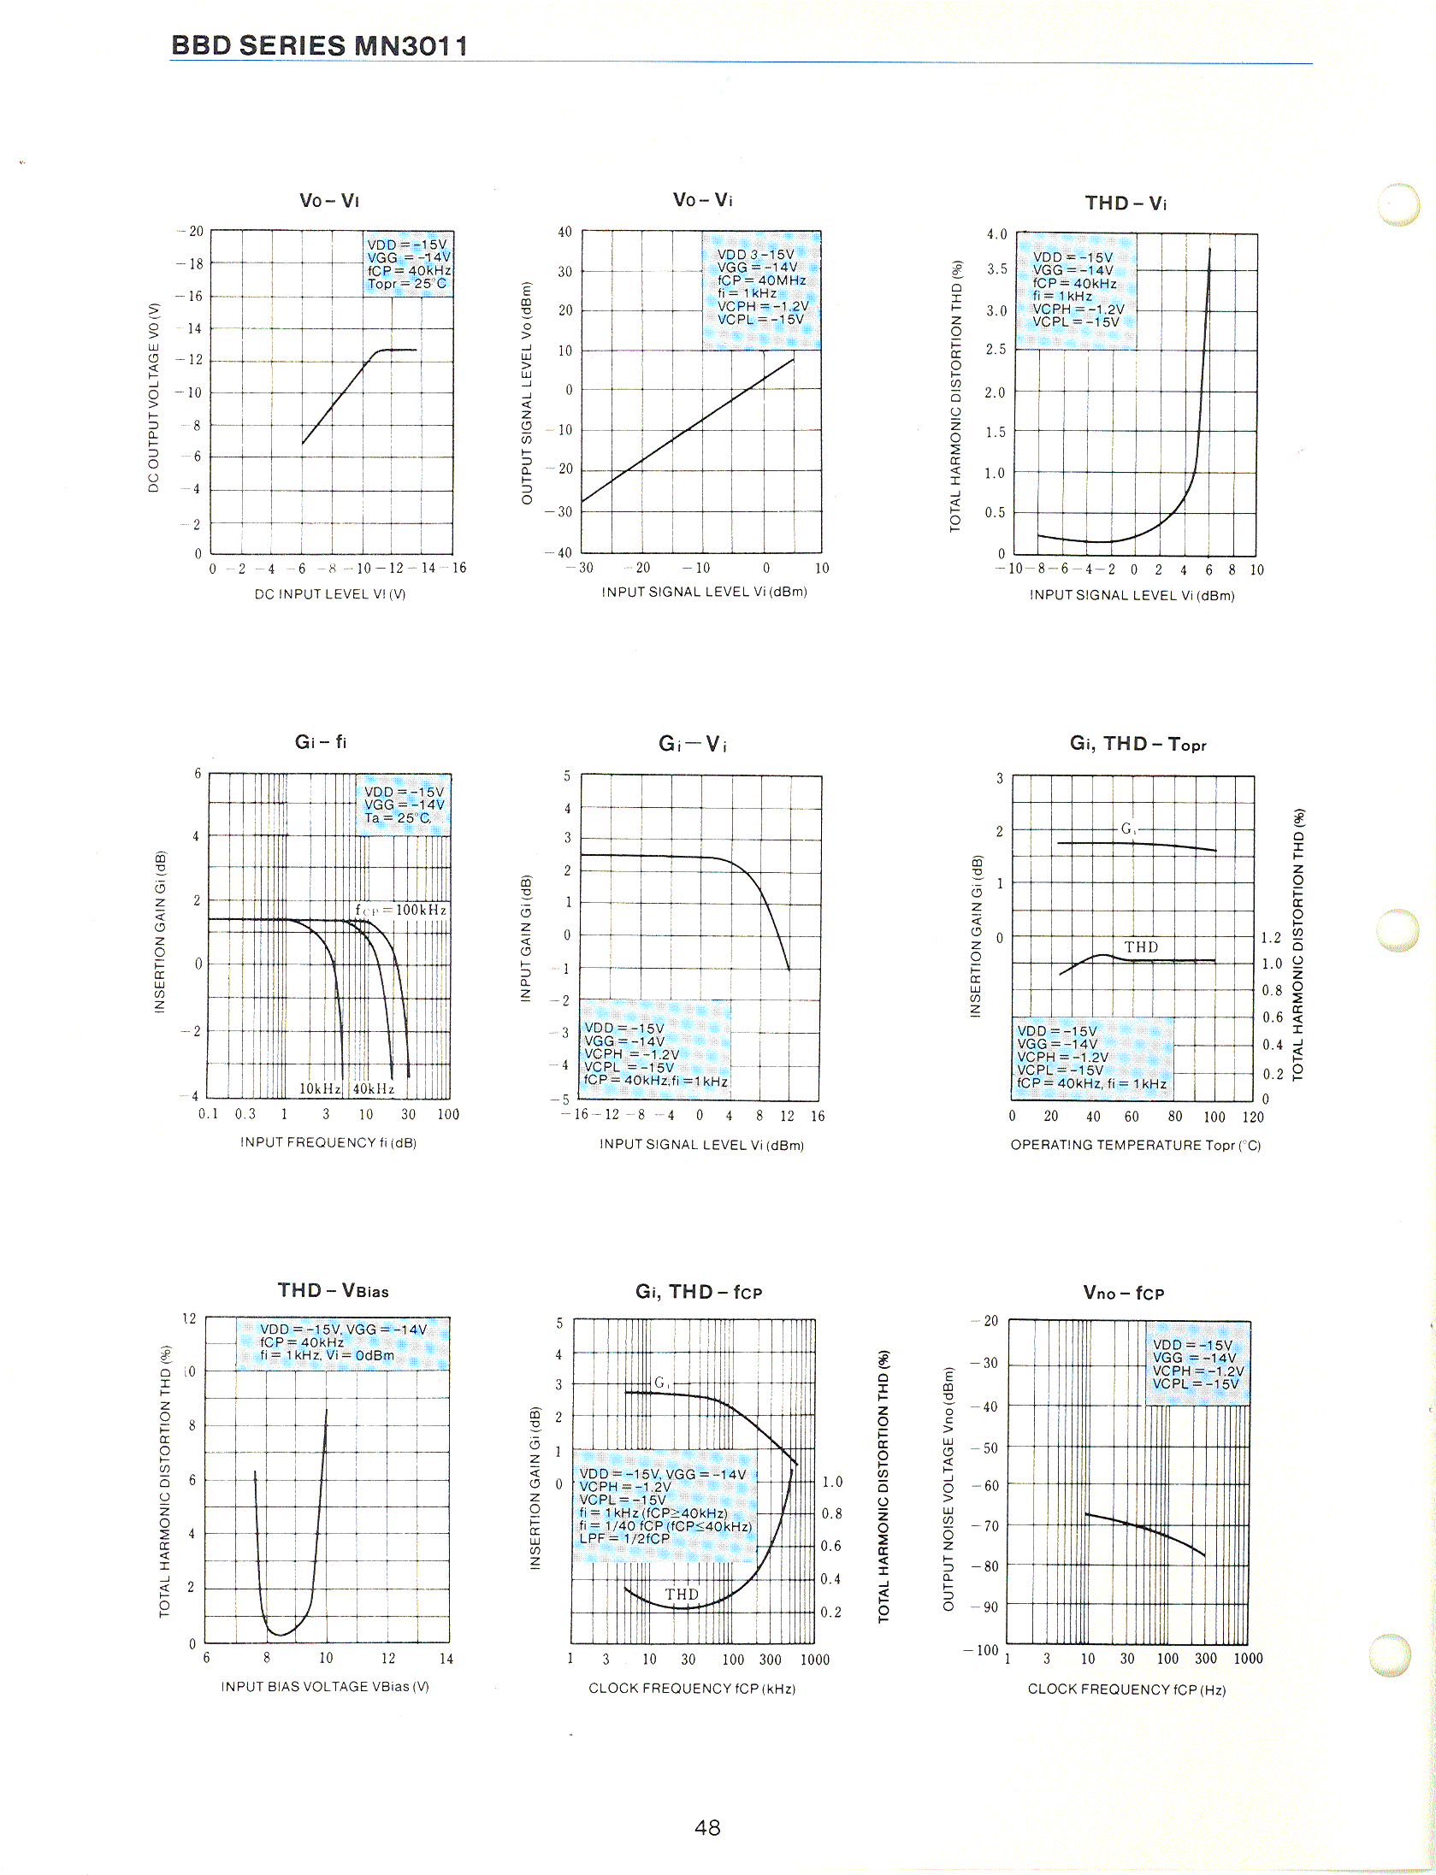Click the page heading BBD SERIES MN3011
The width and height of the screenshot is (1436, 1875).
319,45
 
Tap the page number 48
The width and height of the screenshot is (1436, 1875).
707,1827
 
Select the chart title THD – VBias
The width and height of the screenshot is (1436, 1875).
333,1290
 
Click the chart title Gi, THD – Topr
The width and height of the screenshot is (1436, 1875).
1138,744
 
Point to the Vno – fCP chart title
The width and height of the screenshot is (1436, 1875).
1123,1293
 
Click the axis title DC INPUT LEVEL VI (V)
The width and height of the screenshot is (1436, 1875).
330,594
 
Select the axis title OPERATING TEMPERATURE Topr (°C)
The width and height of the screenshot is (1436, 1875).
1135,1145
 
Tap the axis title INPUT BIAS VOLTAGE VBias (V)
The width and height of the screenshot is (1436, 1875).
325,1686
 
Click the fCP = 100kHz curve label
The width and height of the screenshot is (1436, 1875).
400,910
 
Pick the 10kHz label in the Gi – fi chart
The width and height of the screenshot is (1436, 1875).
320,1088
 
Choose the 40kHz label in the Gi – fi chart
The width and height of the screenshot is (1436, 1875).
374,1088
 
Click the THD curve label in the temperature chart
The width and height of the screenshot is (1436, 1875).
1141,946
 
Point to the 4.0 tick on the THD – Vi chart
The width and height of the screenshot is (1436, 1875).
996,234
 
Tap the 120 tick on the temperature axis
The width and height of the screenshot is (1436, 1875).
1253,1117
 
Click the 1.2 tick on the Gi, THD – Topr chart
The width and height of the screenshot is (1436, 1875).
1271,938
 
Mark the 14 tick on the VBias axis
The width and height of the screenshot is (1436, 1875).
446,1659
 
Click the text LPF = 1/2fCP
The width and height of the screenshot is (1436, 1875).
624,1538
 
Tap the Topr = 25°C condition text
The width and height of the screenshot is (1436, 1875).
407,284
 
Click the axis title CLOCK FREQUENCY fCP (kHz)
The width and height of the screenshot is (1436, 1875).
692,1689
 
